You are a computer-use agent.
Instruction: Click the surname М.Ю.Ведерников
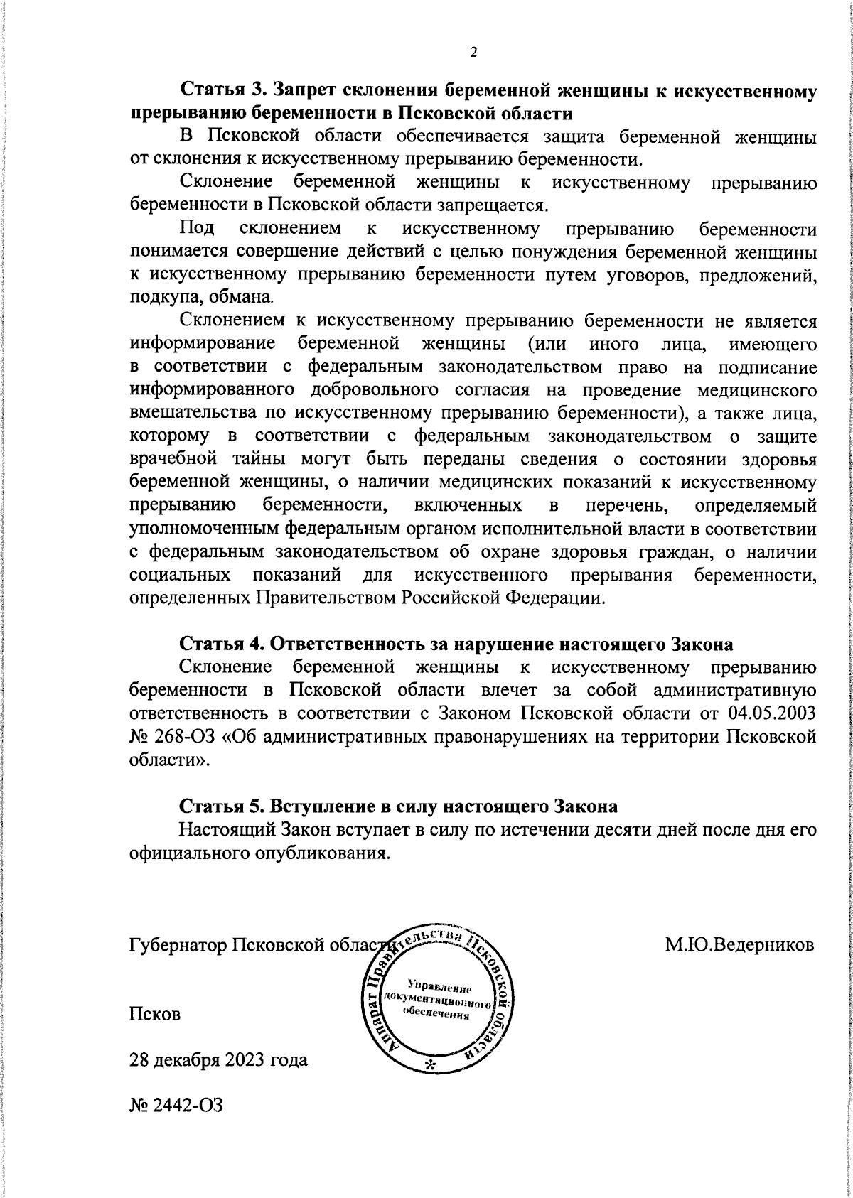pyautogui.click(x=739, y=944)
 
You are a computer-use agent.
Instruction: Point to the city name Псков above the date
pyautogui.click(x=154, y=1014)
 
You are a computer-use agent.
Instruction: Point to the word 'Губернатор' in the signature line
pyautogui.click(x=174, y=945)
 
